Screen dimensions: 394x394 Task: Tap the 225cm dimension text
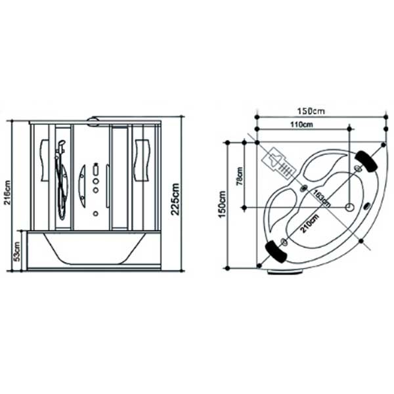(x=175, y=199)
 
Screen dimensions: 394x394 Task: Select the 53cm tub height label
(x=17, y=252)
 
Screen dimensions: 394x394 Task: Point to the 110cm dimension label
(x=302, y=124)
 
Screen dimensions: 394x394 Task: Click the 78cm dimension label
(x=240, y=176)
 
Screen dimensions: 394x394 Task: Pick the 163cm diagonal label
(x=321, y=198)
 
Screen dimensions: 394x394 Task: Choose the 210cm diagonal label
(x=309, y=223)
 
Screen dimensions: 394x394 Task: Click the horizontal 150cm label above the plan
(x=311, y=111)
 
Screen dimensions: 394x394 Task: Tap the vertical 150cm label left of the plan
(x=223, y=204)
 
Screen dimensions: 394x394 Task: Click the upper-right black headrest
(x=366, y=162)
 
